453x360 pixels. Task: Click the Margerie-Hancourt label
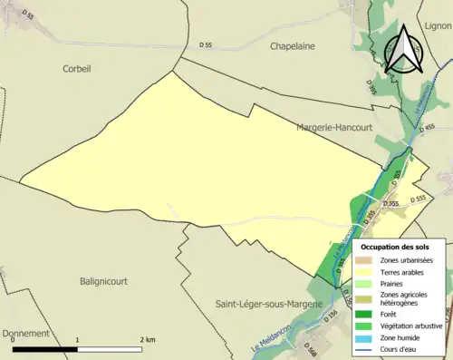tap(334, 128)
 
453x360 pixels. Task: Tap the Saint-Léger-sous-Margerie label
tap(269, 305)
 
